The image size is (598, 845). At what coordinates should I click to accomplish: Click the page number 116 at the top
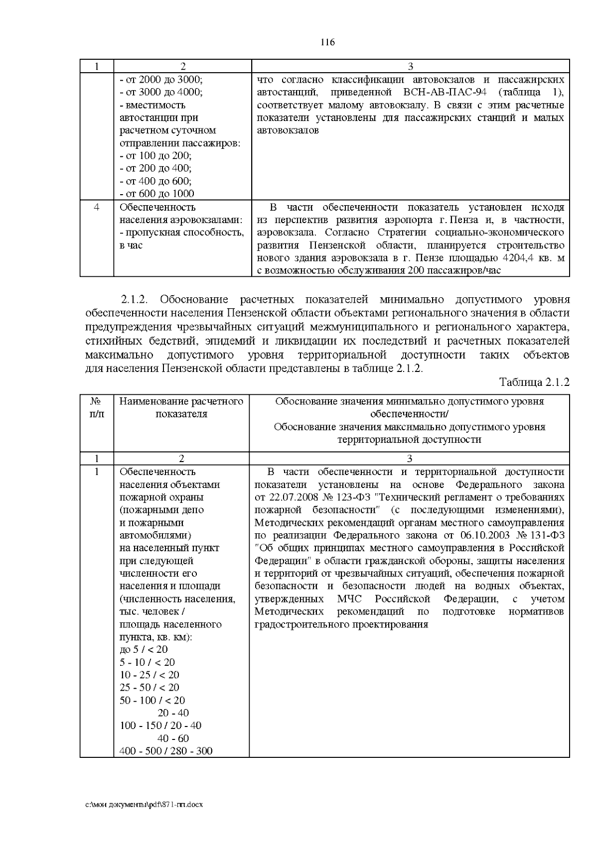point(327,42)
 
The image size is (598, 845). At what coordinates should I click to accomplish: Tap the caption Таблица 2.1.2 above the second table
point(534,382)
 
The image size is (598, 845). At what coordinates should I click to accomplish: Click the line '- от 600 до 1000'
point(157,194)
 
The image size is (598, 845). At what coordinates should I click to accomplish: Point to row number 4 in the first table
point(97,207)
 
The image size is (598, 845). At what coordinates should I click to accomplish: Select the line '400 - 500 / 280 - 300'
point(166,751)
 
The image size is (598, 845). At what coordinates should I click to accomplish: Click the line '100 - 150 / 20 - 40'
point(160,725)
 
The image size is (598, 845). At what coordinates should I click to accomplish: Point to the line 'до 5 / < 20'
point(144,649)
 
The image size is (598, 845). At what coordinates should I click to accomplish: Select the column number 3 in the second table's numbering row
point(409,459)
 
